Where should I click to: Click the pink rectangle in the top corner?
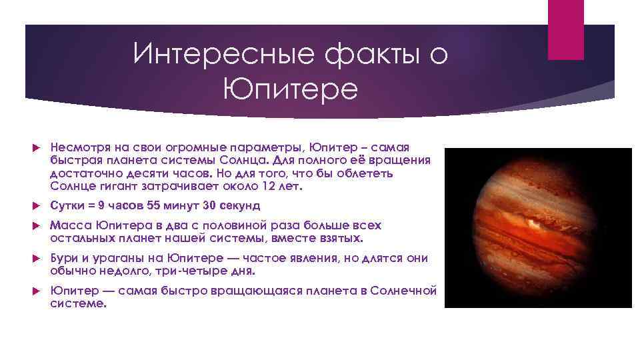click(x=565, y=29)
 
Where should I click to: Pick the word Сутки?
click(x=66, y=205)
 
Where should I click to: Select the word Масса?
click(x=67, y=225)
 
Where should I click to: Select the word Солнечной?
click(x=404, y=291)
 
